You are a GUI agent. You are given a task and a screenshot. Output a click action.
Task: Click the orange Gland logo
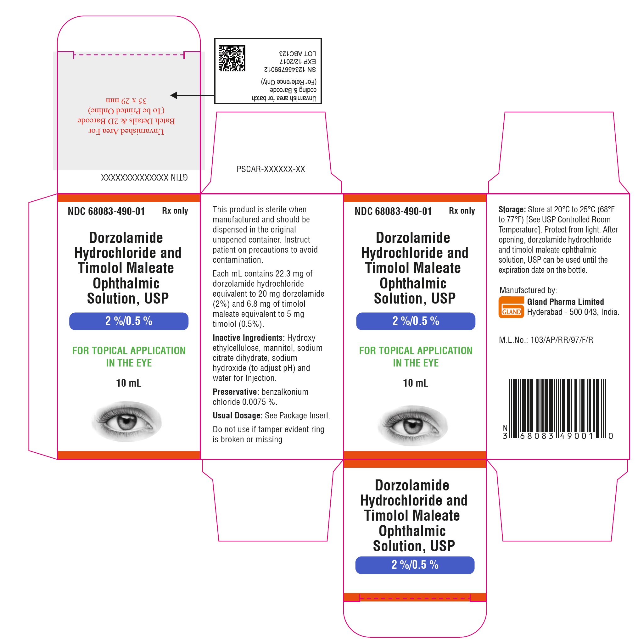[x=511, y=307]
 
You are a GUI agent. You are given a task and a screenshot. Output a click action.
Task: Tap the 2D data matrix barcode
[x=232, y=58]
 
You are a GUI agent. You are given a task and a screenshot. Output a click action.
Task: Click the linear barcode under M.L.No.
[x=557, y=409]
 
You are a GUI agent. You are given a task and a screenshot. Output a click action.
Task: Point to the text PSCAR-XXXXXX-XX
[x=271, y=169]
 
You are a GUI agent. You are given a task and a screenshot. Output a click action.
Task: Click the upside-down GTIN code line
[x=144, y=177]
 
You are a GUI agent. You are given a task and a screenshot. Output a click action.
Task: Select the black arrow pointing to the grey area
[x=192, y=95]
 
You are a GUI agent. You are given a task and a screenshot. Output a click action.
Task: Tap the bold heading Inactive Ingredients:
[x=249, y=338]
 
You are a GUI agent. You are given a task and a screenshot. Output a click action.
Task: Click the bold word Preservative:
[x=236, y=392]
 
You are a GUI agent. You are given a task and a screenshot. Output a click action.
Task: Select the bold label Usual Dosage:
[x=238, y=415]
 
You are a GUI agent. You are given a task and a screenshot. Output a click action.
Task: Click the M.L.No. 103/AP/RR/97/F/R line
[x=546, y=340]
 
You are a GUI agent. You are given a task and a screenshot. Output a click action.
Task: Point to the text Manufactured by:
[x=528, y=290]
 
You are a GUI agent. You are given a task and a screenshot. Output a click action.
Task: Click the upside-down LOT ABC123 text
[x=297, y=53]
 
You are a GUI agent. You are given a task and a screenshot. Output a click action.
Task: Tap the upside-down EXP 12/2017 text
[x=298, y=62]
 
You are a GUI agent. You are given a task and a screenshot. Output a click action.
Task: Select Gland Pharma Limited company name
[x=565, y=302]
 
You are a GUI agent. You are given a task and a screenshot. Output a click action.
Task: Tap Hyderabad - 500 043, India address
[x=573, y=312]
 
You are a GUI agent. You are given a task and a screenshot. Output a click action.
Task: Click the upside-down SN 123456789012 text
[x=290, y=70]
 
